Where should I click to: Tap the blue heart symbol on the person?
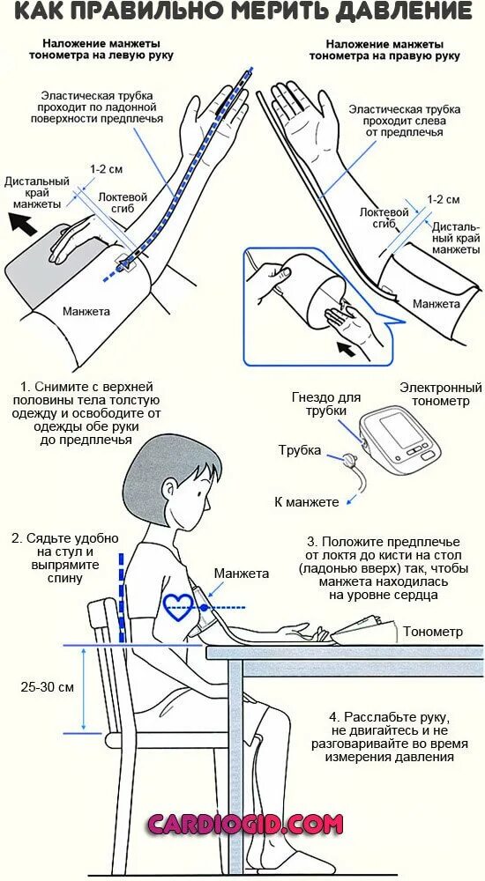[180, 606]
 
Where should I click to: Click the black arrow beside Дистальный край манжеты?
[26, 226]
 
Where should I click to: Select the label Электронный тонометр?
[440, 395]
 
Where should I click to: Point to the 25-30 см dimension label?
[48, 687]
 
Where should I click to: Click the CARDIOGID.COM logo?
[244, 825]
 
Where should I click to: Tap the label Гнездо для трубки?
[325, 405]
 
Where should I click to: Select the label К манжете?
[306, 502]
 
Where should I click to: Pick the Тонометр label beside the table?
[432, 632]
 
